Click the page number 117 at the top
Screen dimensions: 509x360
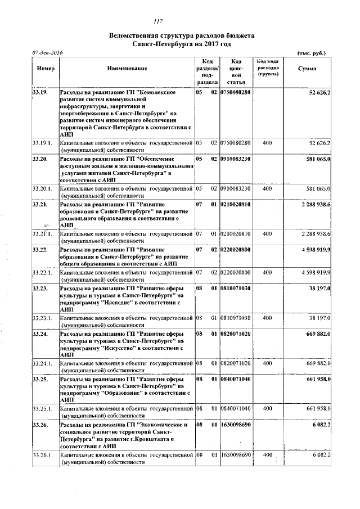[x=158, y=22]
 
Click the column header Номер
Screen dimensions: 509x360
[x=45, y=68]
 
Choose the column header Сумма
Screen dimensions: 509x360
[x=307, y=68]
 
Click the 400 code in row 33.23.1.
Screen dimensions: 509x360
[x=267, y=318]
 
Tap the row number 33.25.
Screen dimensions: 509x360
[x=39, y=379]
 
